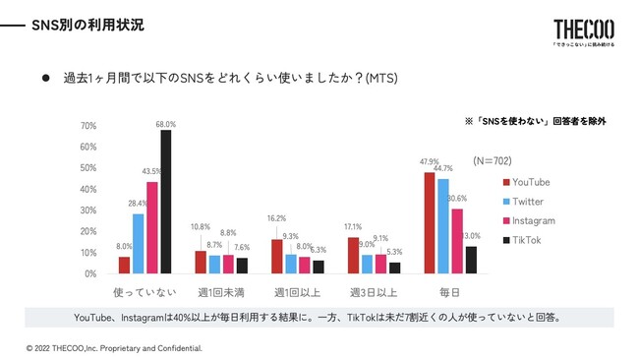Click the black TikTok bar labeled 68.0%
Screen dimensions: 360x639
coord(165,202)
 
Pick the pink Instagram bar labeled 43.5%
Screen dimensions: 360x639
coord(151,227)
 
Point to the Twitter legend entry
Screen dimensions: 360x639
coord(523,202)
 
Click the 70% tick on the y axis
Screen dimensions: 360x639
coord(87,126)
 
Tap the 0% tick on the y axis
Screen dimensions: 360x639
coord(89,273)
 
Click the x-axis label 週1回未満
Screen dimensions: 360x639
coord(221,293)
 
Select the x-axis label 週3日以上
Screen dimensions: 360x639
coord(374,293)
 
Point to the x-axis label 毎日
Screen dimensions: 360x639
coord(449,293)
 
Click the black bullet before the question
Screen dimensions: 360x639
coord(44,76)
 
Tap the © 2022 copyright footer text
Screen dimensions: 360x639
coord(114,348)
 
